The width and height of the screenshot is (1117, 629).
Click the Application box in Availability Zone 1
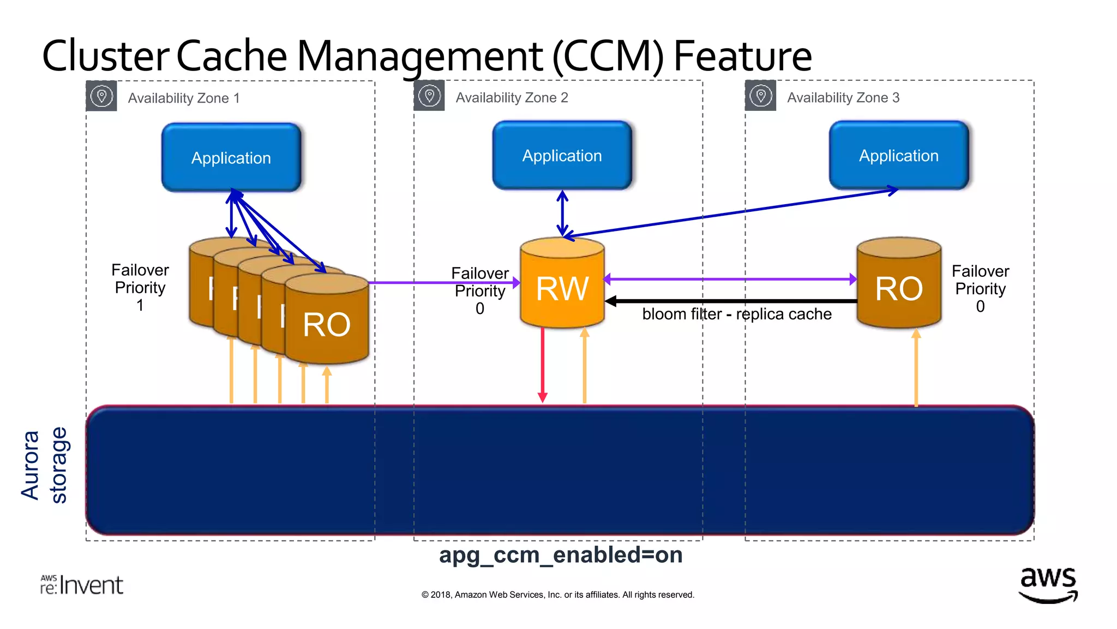tap(231, 157)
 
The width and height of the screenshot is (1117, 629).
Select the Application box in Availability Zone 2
tap(562, 156)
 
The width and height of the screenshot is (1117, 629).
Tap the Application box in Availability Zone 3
tap(898, 156)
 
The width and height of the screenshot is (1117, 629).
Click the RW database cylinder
tap(562, 288)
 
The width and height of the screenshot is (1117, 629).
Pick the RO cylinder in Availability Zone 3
tap(898, 288)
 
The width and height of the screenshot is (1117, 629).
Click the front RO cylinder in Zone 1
tap(326, 325)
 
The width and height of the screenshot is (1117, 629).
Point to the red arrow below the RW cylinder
tap(542, 366)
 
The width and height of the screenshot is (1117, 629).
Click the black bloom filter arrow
tap(731, 301)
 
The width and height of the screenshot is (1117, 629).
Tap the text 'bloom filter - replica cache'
tap(736, 314)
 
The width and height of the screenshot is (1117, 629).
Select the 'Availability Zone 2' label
tap(512, 98)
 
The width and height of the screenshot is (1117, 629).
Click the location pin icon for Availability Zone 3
tap(760, 96)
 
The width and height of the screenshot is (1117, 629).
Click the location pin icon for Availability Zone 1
tap(101, 97)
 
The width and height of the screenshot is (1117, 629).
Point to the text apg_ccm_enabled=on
tap(561, 555)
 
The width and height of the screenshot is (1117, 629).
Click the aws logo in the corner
tap(1048, 584)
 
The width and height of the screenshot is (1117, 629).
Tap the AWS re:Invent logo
tap(82, 585)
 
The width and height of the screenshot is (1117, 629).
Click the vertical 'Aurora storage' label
tap(44, 465)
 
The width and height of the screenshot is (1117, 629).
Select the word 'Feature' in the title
tap(742, 56)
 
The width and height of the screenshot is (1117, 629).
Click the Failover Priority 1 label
tap(140, 287)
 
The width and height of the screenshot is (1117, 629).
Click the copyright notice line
tap(557, 595)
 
